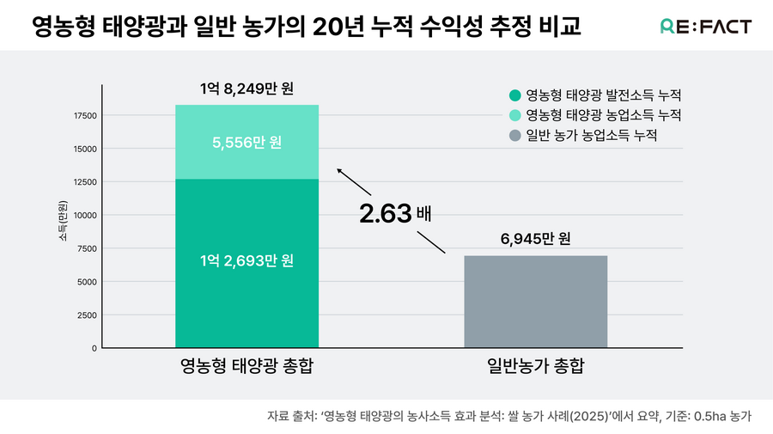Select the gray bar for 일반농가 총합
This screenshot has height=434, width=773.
pos(535,302)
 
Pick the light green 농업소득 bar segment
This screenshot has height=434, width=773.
pos(247,142)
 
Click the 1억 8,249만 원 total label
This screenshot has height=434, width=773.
pos(247,88)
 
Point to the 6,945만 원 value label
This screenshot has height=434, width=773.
pos(535,238)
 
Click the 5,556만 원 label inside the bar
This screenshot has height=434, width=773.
pos(247,143)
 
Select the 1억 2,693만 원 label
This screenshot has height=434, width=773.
pos(247,260)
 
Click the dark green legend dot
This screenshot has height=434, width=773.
pos(514,95)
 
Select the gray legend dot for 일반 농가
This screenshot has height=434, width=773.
pos(514,136)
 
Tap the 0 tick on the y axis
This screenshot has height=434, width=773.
pos(94,348)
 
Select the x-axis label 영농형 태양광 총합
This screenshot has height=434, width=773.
pos(247,366)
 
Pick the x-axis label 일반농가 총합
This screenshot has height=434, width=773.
pos(535,366)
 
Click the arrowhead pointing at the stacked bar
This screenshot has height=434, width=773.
pos(339,170)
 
